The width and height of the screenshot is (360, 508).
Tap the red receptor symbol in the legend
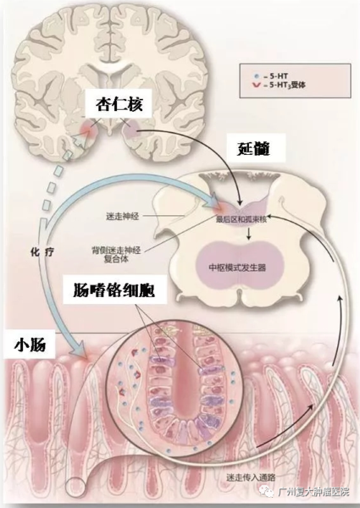(x=258, y=85)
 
